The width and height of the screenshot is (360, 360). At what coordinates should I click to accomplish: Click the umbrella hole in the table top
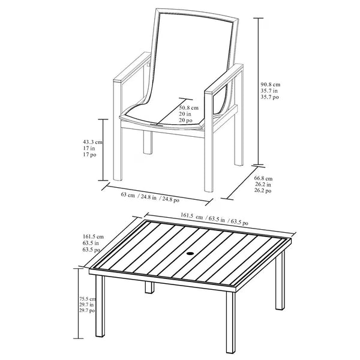point(190,254)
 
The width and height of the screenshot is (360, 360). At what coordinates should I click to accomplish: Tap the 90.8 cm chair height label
point(270,85)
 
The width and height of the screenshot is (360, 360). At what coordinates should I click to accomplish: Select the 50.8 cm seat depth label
point(189,107)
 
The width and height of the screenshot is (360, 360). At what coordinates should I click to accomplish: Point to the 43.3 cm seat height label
point(92,142)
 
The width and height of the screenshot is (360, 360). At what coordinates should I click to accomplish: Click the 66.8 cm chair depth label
point(263,178)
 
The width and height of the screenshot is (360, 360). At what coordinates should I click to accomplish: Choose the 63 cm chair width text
point(128,195)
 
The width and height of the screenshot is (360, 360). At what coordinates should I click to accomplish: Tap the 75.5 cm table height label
point(88,299)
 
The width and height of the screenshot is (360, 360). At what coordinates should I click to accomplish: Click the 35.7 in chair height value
point(269,91)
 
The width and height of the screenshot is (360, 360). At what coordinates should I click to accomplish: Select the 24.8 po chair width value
point(171,199)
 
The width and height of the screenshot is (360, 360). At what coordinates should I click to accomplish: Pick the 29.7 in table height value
point(86,305)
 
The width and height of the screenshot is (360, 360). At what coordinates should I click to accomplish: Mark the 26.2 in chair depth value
point(263,184)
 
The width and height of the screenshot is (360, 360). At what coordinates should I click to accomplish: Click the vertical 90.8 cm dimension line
point(259,91)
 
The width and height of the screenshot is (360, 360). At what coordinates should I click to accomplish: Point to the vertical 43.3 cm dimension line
point(103,150)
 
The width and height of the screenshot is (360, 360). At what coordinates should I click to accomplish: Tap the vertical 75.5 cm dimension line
point(79,303)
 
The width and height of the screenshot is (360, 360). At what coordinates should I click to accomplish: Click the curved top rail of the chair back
point(197,14)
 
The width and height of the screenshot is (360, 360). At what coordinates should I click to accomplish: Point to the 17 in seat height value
point(89,148)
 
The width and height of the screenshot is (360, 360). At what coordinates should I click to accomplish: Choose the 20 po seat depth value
point(186,120)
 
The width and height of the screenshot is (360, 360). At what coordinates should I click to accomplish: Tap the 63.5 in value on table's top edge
point(217,219)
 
